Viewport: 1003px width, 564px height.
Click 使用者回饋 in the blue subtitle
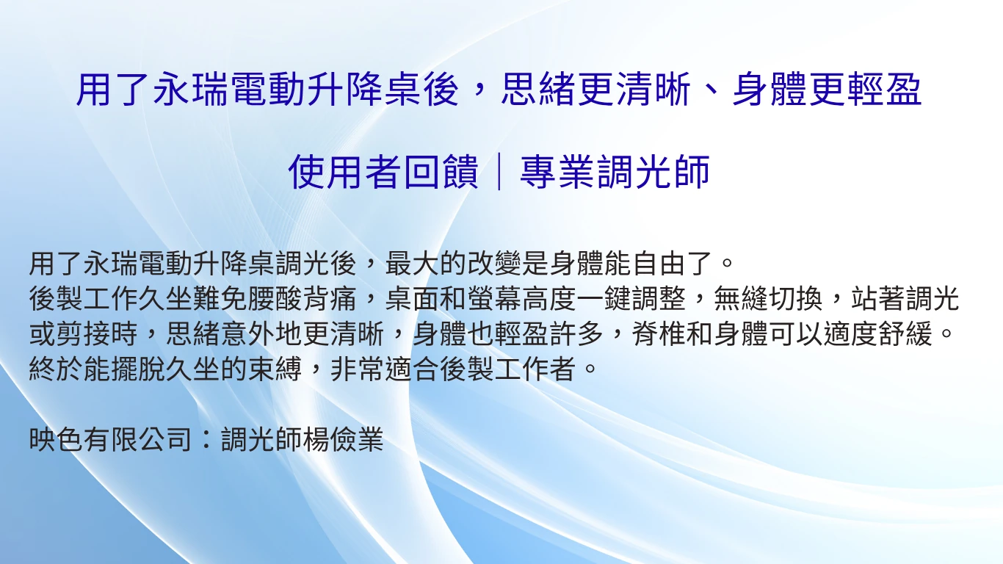click(x=383, y=173)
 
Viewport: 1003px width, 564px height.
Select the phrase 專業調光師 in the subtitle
click(x=615, y=173)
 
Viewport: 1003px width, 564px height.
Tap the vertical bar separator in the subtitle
click(x=499, y=173)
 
